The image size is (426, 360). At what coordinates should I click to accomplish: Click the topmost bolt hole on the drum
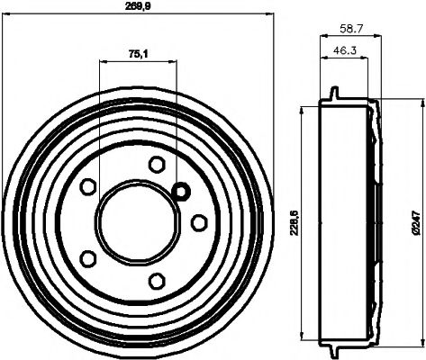coord(157,164)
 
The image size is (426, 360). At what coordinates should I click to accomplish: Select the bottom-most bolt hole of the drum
coord(157,279)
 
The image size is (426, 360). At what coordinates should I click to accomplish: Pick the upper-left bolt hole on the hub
coord(88,186)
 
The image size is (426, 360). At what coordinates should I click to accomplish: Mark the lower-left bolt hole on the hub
coord(88,257)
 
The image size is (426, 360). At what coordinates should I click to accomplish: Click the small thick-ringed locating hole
coord(180,192)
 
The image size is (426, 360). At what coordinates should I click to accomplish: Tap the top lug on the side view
coord(334,94)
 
